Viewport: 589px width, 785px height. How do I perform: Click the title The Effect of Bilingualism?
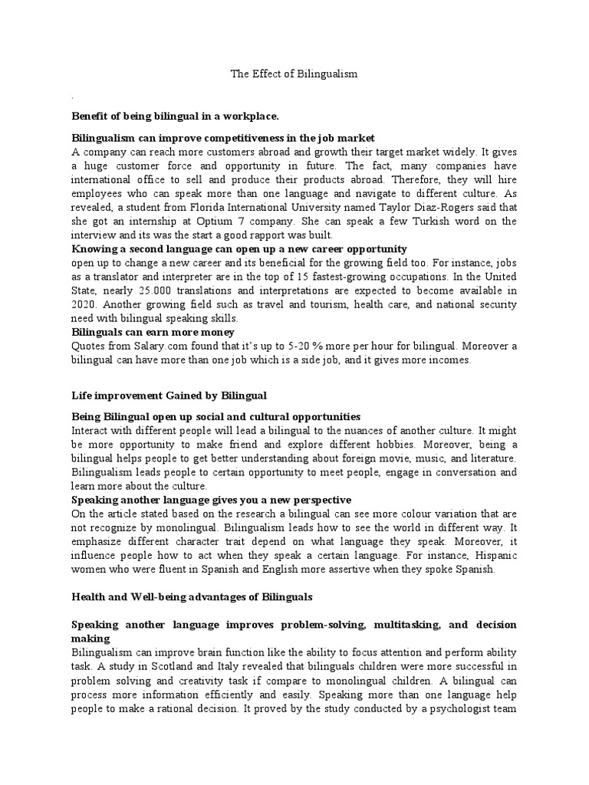click(294, 74)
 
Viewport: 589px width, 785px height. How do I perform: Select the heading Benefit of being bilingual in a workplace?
click(175, 116)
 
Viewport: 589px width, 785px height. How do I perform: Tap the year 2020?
click(84, 304)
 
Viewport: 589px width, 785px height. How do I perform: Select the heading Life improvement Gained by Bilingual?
click(169, 395)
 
